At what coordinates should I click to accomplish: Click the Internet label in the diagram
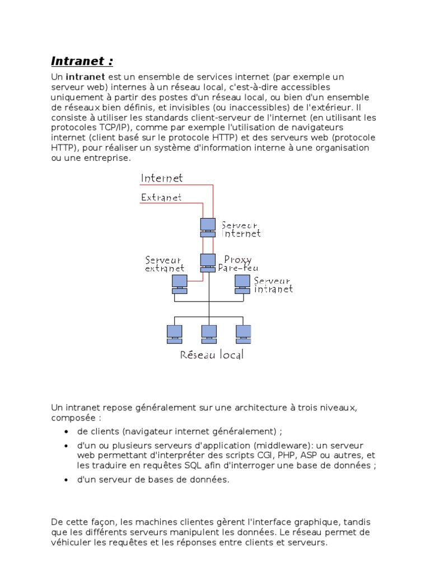(162, 178)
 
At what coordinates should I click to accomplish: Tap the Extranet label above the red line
(161, 197)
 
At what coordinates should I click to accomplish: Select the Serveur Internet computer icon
(208, 225)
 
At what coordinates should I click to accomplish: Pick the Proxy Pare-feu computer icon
(208, 262)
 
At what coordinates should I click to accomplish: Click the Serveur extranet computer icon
(179, 283)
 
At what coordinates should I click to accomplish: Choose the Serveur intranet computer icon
(242, 283)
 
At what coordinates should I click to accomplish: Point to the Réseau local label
(212, 355)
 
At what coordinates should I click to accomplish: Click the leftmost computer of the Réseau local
(174, 334)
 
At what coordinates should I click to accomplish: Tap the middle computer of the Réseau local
(209, 334)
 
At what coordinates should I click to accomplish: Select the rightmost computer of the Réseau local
(243, 334)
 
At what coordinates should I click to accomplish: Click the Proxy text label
(237, 260)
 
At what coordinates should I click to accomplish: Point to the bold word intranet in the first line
(82, 77)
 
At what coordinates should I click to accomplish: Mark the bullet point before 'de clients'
(66, 432)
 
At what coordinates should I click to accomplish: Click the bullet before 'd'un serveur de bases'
(66, 480)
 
